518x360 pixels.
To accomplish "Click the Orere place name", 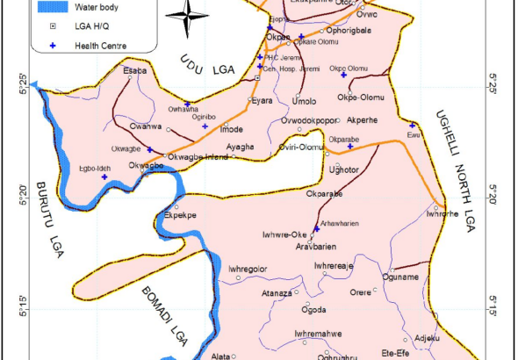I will pos(361,292).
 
